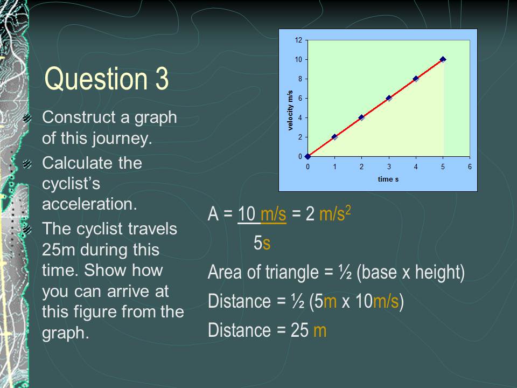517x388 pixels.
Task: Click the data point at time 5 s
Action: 443,59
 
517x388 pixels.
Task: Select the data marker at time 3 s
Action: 389,98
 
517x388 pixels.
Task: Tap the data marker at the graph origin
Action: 308,156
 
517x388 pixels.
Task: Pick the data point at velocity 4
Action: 361,117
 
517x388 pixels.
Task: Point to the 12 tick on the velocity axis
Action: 298,40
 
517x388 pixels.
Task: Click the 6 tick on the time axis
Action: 470,167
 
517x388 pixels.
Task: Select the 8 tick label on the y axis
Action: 299,79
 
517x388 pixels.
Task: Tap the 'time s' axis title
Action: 388,179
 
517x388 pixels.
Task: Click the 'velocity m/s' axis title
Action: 290,110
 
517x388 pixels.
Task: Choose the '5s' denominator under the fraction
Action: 262,244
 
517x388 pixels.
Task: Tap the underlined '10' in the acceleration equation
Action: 247,214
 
